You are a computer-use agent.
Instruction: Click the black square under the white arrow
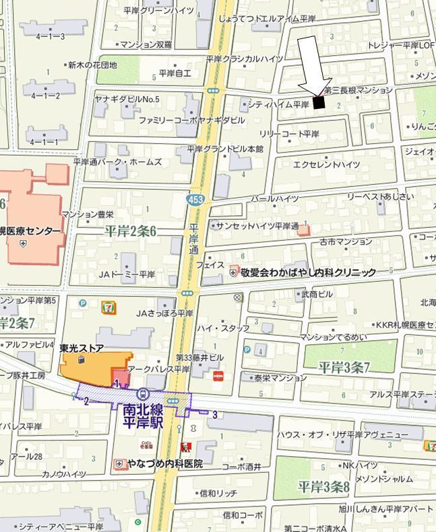(319, 102)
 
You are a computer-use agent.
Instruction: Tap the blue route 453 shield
(193, 200)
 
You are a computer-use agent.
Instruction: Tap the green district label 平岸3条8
(323, 486)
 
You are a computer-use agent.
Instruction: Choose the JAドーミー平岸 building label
(127, 274)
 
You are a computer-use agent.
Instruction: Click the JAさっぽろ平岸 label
(164, 313)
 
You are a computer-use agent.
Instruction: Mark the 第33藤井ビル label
(199, 357)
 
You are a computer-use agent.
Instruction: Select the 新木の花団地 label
(92, 65)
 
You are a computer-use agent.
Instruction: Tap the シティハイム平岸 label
(278, 104)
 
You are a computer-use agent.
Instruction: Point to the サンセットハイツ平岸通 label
(257, 225)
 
